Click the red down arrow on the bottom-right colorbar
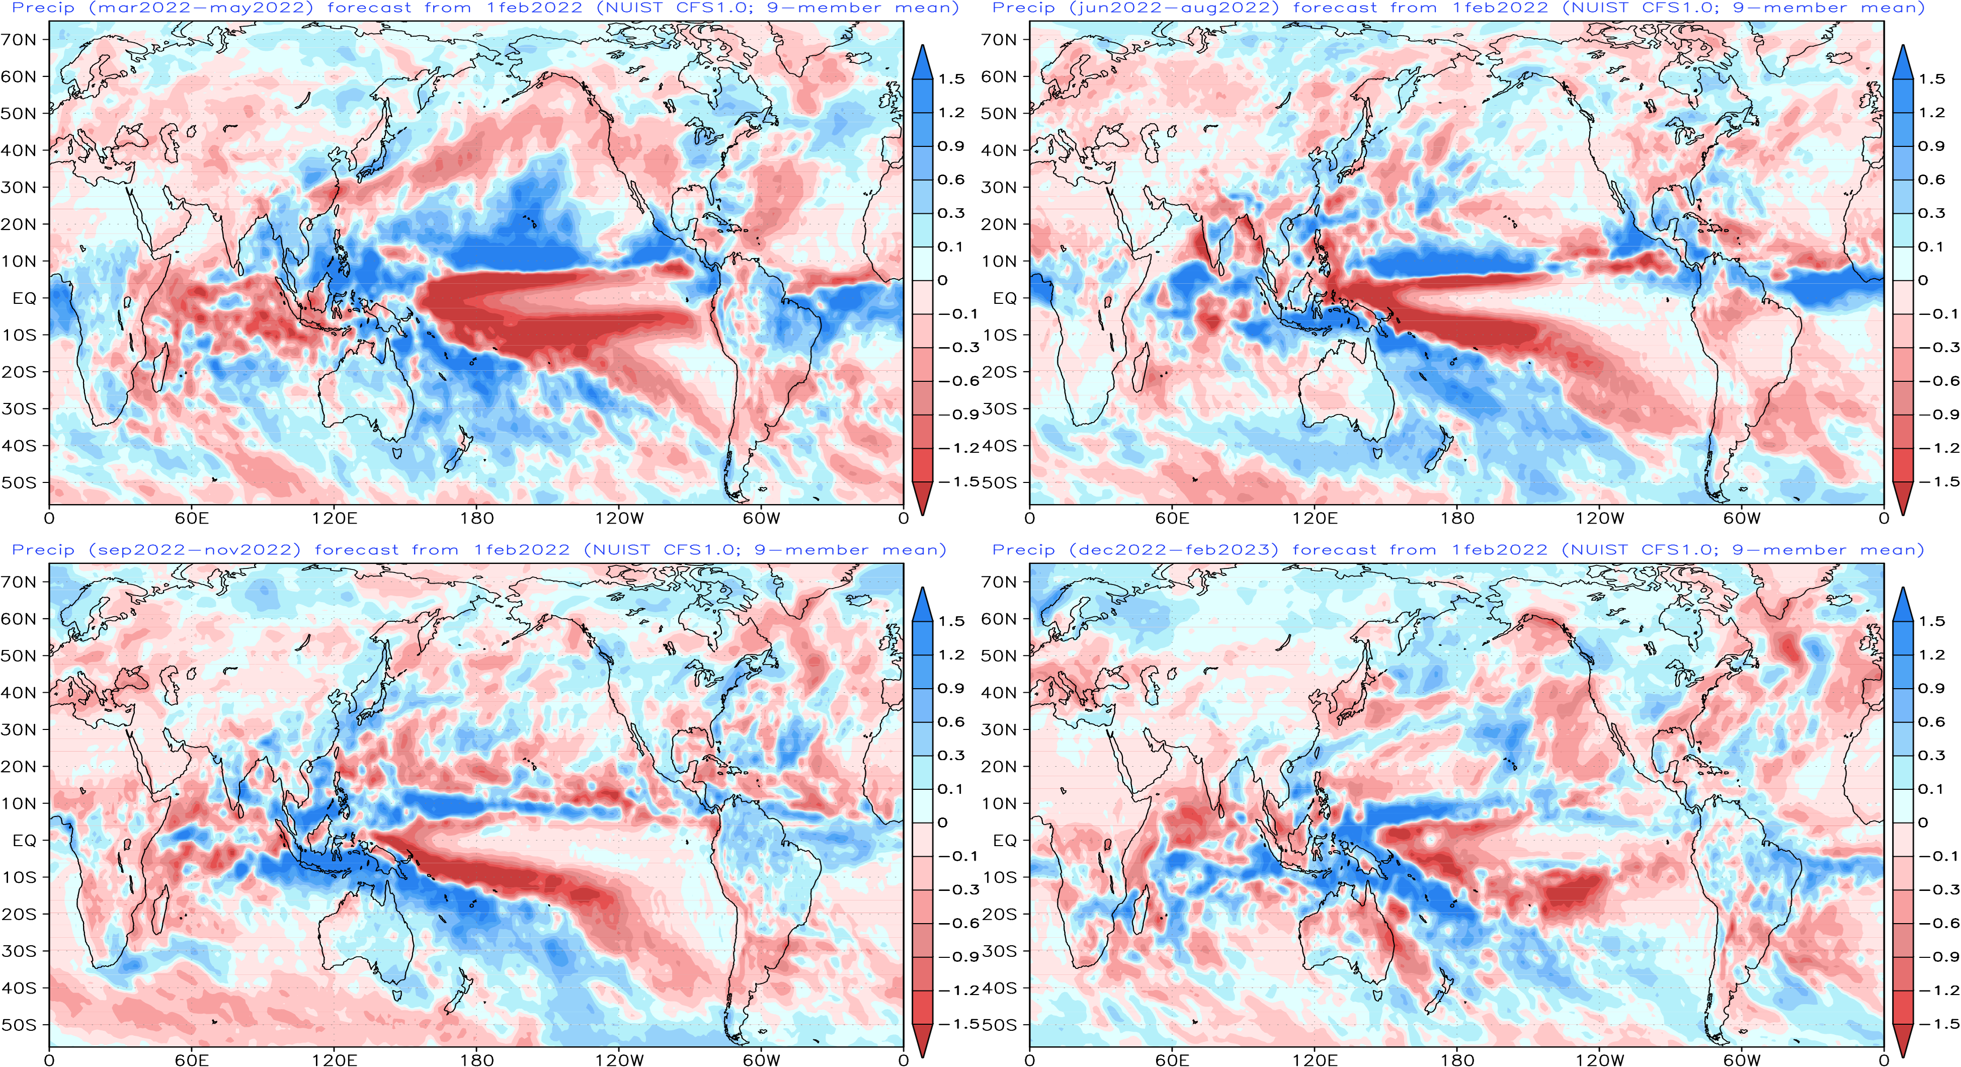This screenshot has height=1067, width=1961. [1902, 1040]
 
